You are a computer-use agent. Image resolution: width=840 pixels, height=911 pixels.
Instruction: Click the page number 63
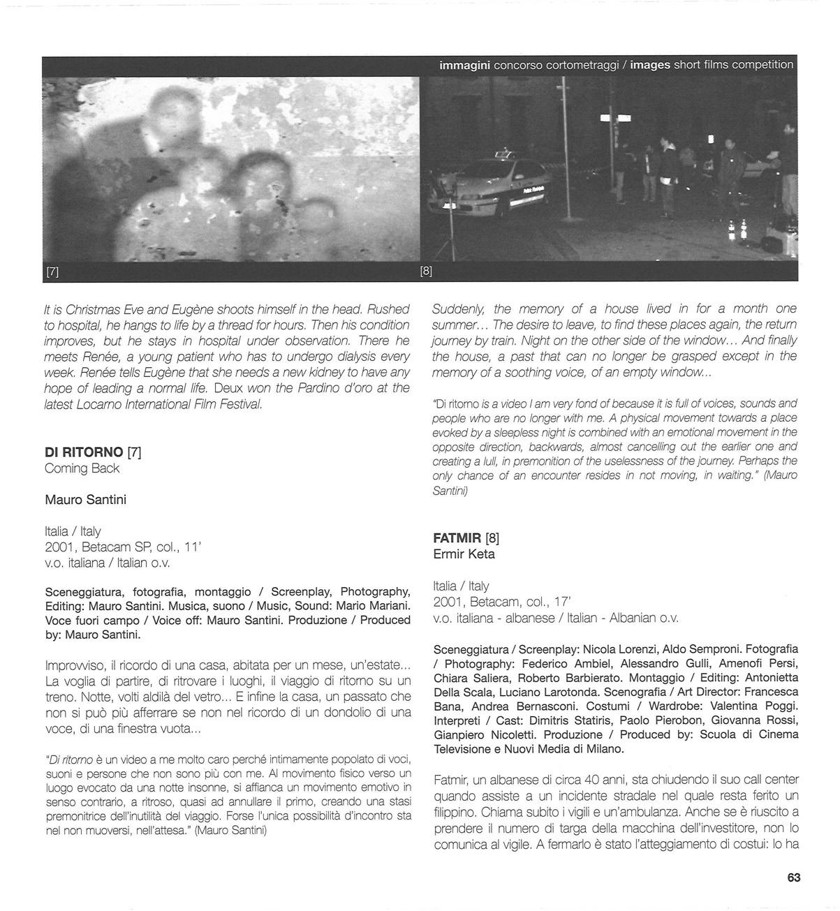[793, 877]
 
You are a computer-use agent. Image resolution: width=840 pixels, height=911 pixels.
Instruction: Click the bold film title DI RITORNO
[83, 452]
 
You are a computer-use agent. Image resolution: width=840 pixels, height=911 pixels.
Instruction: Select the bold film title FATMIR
[457, 538]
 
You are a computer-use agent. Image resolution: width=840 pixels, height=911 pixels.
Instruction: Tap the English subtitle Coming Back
[82, 468]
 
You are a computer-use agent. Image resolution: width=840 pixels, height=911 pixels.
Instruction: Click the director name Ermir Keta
[464, 554]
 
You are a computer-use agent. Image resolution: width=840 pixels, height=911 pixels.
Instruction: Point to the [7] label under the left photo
[52, 272]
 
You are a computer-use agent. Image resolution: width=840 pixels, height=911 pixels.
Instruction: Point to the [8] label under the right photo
[426, 272]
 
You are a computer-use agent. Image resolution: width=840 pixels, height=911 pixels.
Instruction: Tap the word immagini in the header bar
[464, 65]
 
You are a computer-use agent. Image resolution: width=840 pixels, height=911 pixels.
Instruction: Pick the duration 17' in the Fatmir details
[562, 601]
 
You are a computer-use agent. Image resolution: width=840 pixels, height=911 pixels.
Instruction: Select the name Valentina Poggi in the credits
[756, 706]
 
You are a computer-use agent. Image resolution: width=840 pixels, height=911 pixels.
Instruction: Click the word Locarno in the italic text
[97, 404]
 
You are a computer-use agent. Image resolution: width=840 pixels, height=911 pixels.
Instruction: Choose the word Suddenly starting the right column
[457, 309]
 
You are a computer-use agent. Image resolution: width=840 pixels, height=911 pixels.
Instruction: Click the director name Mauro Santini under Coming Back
[85, 500]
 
